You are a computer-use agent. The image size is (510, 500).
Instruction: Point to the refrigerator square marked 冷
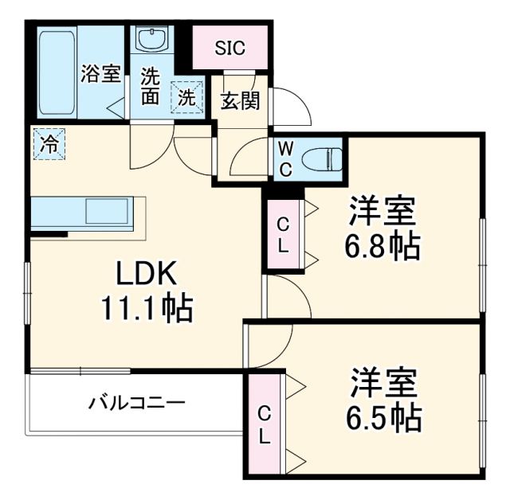(49, 144)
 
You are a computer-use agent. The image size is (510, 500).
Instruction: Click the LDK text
(145, 273)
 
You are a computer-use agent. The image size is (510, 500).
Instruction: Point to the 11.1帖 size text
(145, 307)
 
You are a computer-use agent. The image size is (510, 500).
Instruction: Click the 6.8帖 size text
(382, 248)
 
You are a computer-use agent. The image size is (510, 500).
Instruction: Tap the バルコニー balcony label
(136, 402)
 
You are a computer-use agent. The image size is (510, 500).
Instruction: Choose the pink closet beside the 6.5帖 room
(264, 425)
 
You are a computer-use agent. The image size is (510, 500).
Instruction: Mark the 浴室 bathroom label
(100, 76)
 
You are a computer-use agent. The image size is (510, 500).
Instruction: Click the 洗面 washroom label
(151, 88)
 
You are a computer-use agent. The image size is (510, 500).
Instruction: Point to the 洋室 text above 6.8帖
(382, 211)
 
